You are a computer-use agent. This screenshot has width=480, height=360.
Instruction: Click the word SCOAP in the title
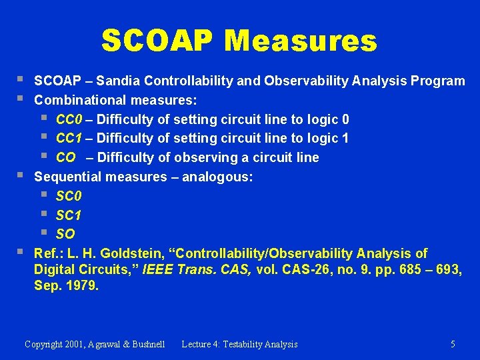(x=157, y=41)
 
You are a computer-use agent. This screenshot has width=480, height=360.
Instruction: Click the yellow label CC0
(x=69, y=119)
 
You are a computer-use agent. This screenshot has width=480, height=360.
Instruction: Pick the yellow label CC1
(x=69, y=139)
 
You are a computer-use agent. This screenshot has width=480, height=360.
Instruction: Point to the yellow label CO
(x=65, y=157)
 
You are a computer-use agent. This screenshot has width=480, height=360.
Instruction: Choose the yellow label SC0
(x=69, y=196)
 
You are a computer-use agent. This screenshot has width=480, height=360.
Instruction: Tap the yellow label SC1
(x=69, y=215)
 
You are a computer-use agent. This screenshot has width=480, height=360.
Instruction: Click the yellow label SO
(x=65, y=234)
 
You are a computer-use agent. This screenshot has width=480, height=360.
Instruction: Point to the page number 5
(x=453, y=344)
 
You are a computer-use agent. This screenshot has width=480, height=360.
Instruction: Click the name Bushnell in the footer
(x=149, y=344)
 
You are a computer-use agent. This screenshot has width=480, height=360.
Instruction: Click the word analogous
(x=217, y=177)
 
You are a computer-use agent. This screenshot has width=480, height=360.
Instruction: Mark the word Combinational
(x=80, y=100)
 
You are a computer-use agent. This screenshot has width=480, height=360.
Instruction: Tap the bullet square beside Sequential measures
(x=20, y=175)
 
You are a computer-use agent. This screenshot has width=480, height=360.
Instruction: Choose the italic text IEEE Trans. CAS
(x=197, y=269)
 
